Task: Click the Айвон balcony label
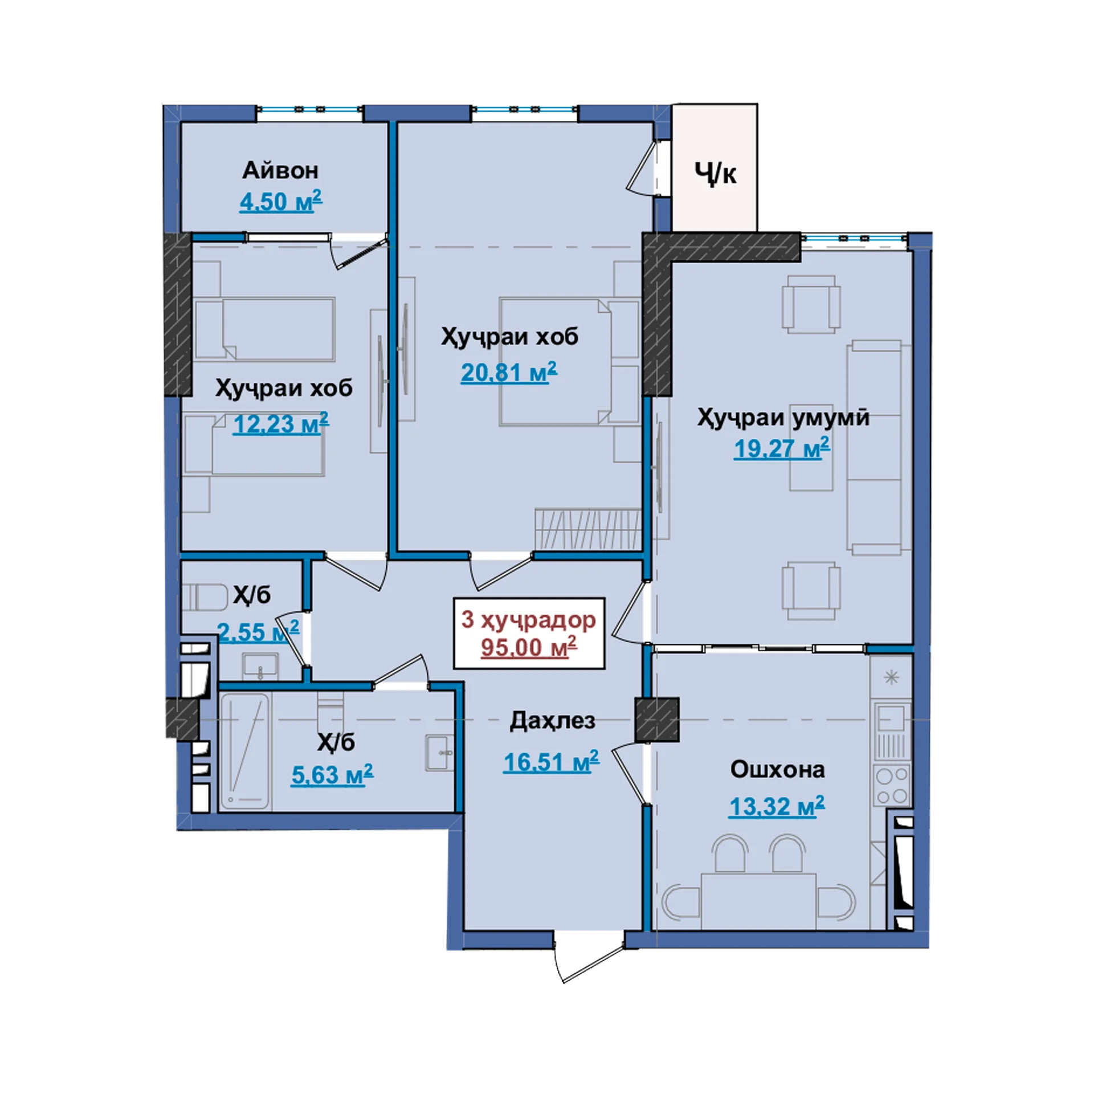tap(280, 170)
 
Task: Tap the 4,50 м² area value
tap(281, 201)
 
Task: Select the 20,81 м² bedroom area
tap(509, 372)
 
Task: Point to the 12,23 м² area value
tap(281, 423)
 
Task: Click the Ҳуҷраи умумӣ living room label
tap(783, 418)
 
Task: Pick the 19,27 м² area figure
tap(782, 448)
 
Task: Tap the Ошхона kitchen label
tap(777, 769)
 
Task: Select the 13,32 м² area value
tap(777, 806)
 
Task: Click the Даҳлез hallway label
tap(552, 721)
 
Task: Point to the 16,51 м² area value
tap(551, 762)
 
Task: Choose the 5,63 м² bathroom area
tap(332, 775)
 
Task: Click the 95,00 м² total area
tap(529, 647)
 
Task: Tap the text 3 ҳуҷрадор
tap(529, 620)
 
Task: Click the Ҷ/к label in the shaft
tap(715, 173)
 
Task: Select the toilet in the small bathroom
tap(205, 597)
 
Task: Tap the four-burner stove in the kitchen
tap(892, 786)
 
